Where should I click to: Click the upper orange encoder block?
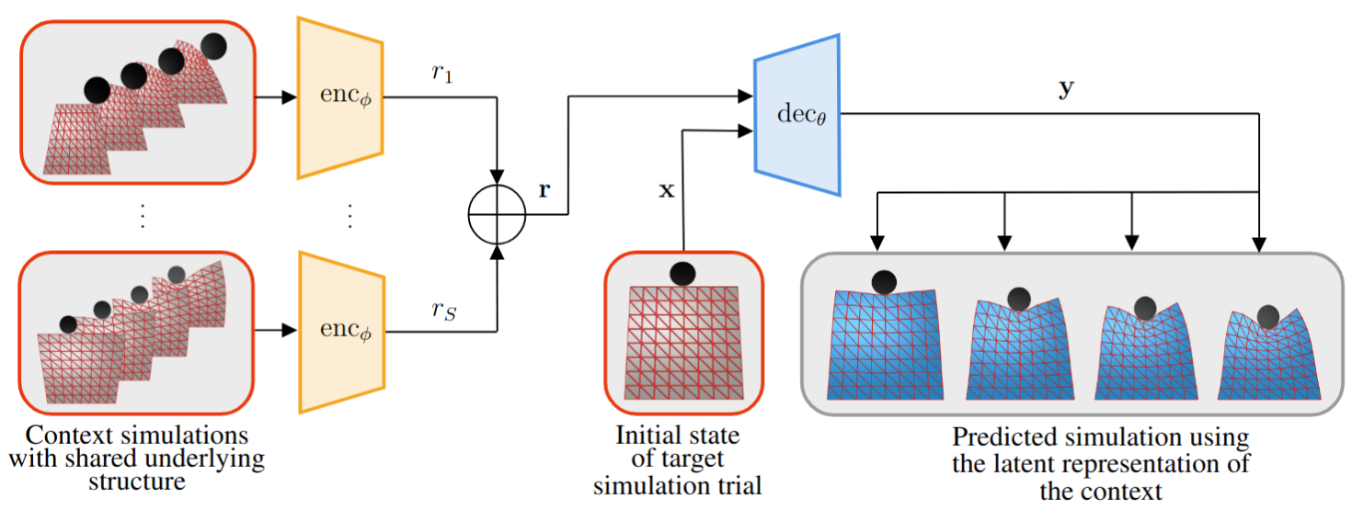coord(339,96)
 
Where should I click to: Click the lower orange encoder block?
coord(339,330)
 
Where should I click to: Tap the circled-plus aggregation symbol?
coord(497,217)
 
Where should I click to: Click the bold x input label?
coord(667,190)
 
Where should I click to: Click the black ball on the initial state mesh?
coord(682,273)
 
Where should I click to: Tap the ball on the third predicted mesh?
coord(1144,308)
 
